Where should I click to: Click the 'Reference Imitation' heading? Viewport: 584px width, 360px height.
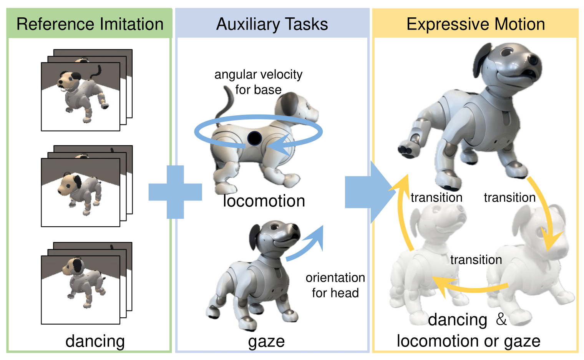point(90,24)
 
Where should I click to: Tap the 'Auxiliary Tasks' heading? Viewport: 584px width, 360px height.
point(272,24)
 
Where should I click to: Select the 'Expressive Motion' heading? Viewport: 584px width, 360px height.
point(476,24)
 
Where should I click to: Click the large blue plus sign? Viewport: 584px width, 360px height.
point(176,192)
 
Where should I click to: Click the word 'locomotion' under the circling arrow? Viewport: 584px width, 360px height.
point(264,201)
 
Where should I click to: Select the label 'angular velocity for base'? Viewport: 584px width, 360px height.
point(258,82)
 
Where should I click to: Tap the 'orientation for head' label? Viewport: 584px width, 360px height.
point(335,285)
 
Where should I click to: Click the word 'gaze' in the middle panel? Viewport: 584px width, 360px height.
point(266,341)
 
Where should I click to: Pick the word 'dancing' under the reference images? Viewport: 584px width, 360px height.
point(95,341)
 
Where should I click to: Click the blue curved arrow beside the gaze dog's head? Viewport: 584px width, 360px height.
point(307,244)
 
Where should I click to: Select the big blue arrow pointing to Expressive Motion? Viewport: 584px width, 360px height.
point(369,192)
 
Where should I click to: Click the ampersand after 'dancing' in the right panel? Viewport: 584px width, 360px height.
point(501,319)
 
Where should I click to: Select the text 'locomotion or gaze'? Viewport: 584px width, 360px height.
point(468,341)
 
